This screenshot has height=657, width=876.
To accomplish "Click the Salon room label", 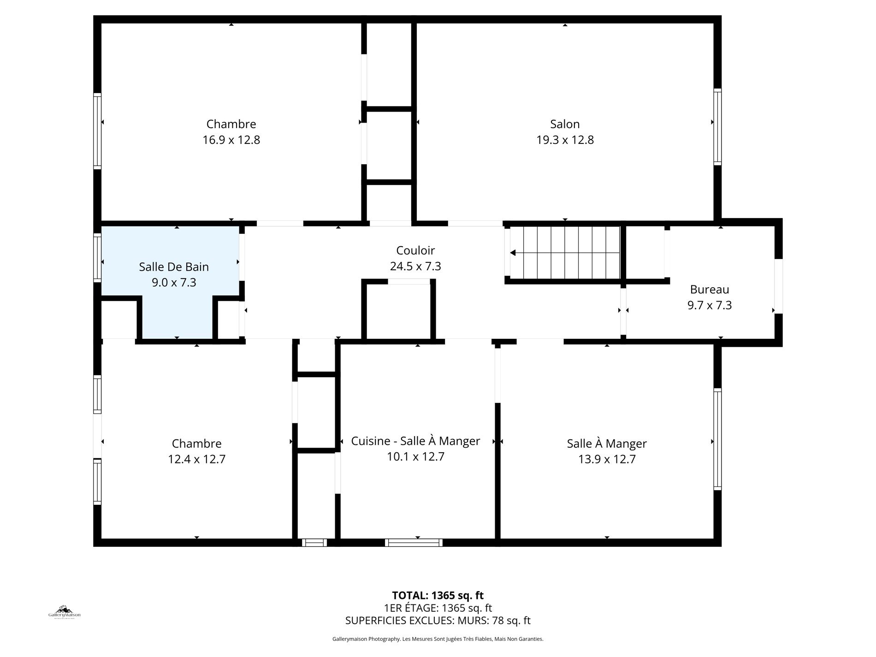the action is tap(565, 124).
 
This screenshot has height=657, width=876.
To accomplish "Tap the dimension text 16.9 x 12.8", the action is tap(231, 140).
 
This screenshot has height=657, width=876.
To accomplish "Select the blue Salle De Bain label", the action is tap(174, 267).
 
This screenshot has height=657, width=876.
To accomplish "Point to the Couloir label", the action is tap(415, 250).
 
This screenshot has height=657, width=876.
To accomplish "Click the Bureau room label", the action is tap(710, 290).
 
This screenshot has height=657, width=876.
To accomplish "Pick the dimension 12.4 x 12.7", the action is tap(196, 459).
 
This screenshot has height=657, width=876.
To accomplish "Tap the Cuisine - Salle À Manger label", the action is tap(415, 441).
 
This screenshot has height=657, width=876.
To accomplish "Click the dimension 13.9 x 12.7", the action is tap(607, 459).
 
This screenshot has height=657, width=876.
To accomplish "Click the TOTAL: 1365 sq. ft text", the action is tap(438, 595).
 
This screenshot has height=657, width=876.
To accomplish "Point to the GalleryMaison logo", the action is tap(65, 612).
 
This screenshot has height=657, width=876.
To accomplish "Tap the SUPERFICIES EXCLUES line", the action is tap(438, 621).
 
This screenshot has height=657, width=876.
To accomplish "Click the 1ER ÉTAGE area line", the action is tap(438, 608).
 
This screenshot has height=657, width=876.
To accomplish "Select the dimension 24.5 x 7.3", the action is tap(415, 266).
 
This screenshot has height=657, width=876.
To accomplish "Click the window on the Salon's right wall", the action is tap(717, 127).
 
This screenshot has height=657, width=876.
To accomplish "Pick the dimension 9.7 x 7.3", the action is tap(710, 305).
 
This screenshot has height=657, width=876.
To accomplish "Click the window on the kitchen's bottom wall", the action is tap(414, 543).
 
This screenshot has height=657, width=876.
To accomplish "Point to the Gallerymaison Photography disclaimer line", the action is tap(438, 639).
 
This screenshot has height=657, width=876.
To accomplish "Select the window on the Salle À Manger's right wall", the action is tap(717, 439).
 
